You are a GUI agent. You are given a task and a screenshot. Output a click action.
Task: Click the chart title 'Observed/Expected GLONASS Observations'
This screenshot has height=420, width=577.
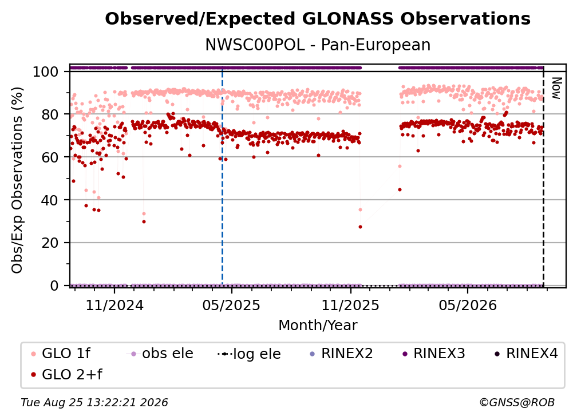(318, 19)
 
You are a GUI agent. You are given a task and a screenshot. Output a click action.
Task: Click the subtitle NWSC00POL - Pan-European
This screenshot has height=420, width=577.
(318, 45)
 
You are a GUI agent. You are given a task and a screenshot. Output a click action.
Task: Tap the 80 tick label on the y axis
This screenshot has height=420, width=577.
(50, 114)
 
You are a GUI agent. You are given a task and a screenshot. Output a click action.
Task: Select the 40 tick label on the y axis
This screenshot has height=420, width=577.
(50, 200)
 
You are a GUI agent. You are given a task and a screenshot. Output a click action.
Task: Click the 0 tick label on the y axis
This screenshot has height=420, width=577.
(54, 286)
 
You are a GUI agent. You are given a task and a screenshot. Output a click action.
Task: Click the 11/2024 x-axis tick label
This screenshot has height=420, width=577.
(114, 306)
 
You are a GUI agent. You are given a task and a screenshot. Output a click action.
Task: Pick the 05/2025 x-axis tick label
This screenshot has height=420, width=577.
(231, 306)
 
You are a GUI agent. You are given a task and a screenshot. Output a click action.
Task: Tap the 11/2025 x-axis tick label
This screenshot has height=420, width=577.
(350, 306)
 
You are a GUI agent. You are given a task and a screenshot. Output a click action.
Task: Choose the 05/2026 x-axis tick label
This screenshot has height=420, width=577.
(467, 306)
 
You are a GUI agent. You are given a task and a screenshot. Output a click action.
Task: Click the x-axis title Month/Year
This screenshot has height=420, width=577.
(318, 326)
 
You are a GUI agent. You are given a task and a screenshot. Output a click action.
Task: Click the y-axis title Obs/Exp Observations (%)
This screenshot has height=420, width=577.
(17, 180)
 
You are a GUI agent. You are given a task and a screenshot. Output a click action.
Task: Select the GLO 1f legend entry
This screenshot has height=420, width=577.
(61, 354)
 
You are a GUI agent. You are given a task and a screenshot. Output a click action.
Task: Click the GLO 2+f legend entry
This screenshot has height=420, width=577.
(66, 375)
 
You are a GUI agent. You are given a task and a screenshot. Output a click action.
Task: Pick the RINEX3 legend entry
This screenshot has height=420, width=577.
(434, 354)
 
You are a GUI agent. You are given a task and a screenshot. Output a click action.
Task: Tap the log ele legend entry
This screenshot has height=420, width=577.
(249, 354)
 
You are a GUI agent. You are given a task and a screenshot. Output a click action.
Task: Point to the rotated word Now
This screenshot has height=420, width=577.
(556, 88)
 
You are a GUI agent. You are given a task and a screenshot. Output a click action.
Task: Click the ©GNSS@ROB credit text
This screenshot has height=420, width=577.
(517, 403)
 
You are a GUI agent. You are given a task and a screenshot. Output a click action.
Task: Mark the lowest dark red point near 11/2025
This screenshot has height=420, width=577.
(360, 227)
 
